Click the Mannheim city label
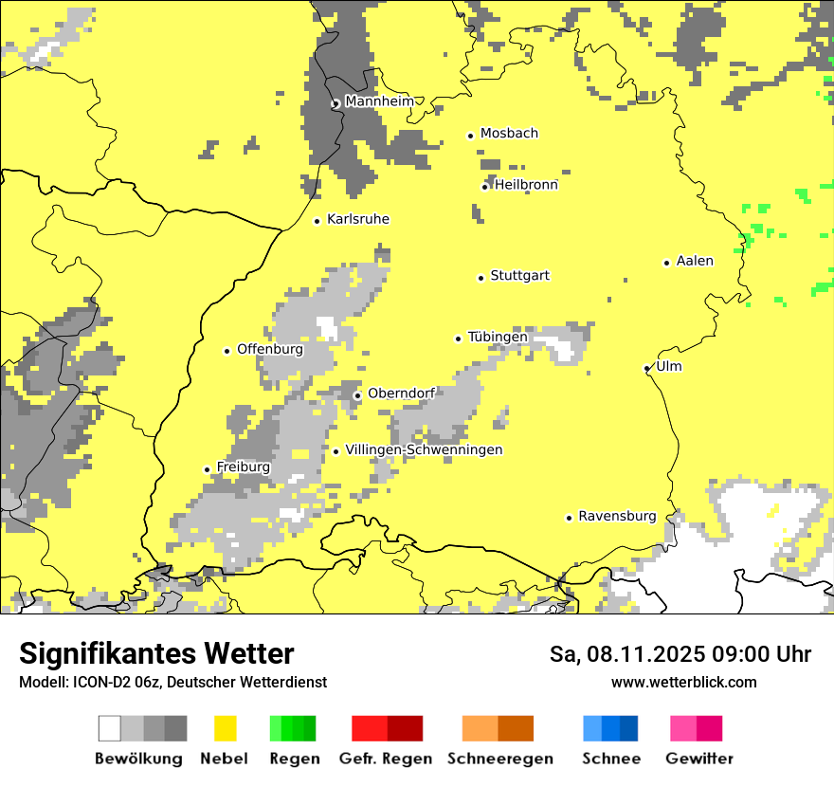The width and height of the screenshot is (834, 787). (379, 101)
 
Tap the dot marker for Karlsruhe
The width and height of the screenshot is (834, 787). (317, 221)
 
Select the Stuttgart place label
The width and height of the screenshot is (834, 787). (519, 276)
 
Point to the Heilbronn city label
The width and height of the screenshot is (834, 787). (526, 185)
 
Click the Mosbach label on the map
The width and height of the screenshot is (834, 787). (509, 134)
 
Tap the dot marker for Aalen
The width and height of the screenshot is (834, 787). (667, 263)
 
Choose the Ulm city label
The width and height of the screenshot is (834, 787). (668, 367)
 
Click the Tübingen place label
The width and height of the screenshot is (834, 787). (498, 338)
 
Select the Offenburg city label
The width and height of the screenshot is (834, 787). (270, 349)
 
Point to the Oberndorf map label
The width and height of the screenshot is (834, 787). (401, 393)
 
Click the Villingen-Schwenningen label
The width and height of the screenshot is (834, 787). (424, 449)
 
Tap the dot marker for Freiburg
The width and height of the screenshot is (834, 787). (208, 469)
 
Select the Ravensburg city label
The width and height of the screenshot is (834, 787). (617, 517)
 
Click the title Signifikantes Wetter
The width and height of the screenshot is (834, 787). (156, 653)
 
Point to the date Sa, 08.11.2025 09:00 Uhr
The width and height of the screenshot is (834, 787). (680, 654)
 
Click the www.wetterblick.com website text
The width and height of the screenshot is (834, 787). (683, 682)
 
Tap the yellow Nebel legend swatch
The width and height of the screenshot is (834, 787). (225, 728)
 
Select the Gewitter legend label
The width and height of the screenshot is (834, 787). (698, 759)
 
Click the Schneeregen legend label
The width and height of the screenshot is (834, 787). (500, 759)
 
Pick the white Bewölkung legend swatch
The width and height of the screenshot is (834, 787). (109, 728)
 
